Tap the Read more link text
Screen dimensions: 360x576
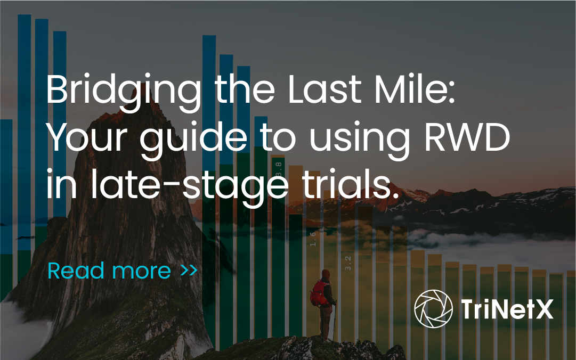pyautogui.click(x=109, y=271)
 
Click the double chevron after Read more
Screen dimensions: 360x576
pyautogui.click(x=189, y=271)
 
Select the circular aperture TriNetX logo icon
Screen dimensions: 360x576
pyautogui.click(x=433, y=309)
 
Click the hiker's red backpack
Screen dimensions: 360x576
pyautogui.click(x=319, y=293)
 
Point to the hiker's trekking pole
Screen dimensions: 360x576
pyautogui.click(x=335, y=320)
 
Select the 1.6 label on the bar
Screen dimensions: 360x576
pyautogui.click(x=313, y=239)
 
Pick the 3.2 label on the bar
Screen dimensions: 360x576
pyautogui.click(x=347, y=262)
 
